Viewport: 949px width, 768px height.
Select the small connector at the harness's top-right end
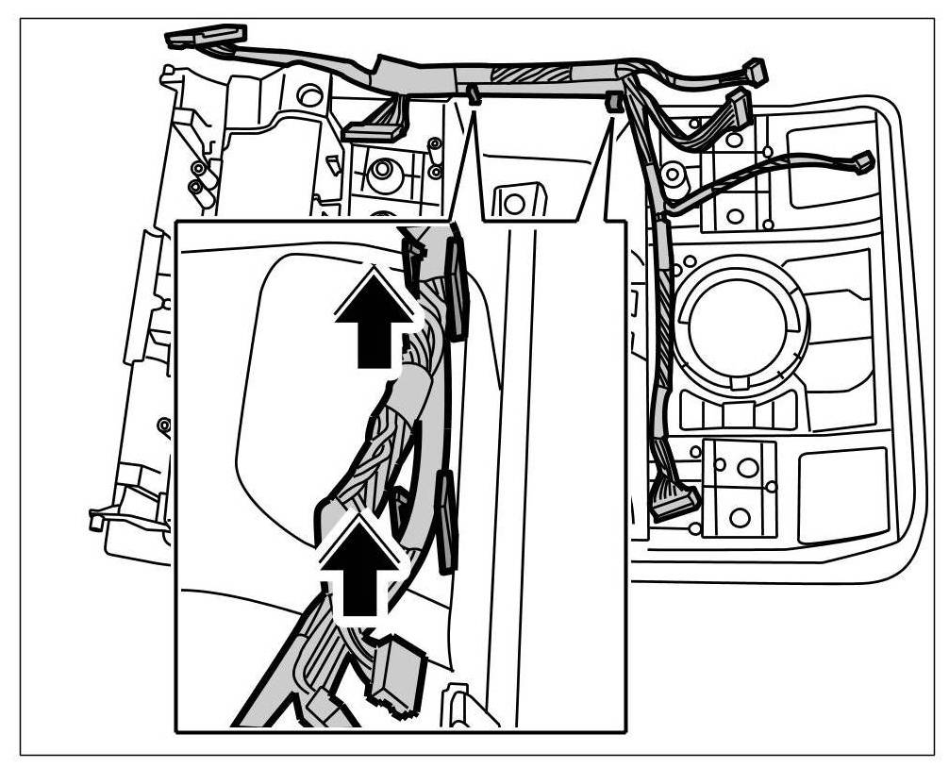(754, 71)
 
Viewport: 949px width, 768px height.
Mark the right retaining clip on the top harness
(613, 100)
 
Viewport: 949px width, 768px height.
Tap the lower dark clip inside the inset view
(444, 524)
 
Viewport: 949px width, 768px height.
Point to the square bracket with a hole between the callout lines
(514, 201)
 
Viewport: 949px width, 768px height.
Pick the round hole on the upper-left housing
(308, 95)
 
